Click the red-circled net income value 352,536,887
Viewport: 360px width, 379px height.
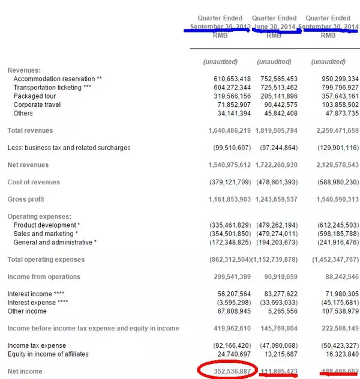[x=227, y=371]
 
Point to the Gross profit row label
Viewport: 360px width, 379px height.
[x=26, y=199]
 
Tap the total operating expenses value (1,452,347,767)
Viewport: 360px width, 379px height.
[x=331, y=259]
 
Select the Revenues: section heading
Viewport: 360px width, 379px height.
[x=24, y=71]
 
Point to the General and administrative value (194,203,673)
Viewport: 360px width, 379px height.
[x=277, y=242]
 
